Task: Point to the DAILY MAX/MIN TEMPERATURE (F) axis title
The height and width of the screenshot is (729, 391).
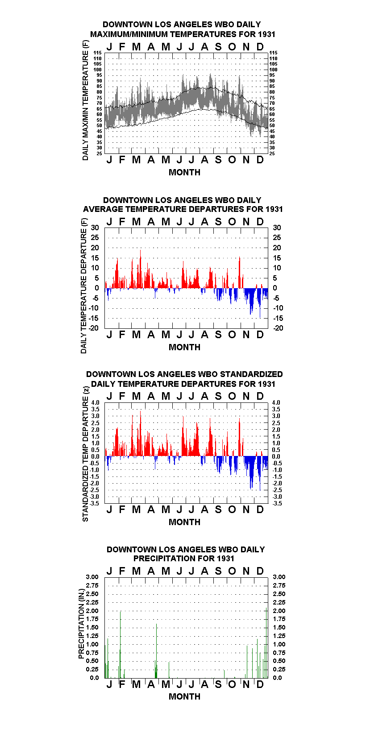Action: tap(85, 100)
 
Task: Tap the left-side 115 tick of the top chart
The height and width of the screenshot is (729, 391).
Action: tap(98, 53)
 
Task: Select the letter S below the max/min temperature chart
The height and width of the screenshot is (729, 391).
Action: tap(218, 160)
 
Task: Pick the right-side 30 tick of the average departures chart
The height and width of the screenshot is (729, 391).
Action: tap(277, 228)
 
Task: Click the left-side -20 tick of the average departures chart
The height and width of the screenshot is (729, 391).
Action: tap(94, 328)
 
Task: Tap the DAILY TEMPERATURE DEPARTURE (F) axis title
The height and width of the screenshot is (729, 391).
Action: tap(83, 286)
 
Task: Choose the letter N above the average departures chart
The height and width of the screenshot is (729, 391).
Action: tap(246, 222)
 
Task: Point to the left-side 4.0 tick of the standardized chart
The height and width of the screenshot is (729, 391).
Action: tap(95, 402)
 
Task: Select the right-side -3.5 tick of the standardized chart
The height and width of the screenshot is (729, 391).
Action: tap(277, 503)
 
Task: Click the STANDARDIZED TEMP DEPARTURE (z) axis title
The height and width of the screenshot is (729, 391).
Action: tap(85, 454)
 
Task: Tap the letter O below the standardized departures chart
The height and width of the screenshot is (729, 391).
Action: tap(232, 509)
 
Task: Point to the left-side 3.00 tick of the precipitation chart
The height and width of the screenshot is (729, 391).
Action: tap(92, 577)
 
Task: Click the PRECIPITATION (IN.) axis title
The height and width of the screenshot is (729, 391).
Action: tap(81, 624)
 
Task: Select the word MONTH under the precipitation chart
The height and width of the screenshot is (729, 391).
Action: tap(185, 696)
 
